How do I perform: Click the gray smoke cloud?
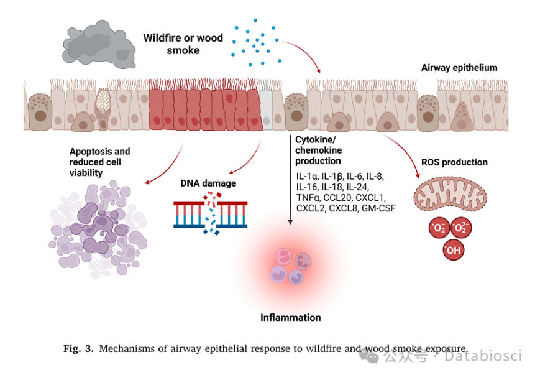click(99, 45)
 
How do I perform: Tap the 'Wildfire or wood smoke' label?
click(183, 44)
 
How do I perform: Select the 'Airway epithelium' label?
click(459, 68)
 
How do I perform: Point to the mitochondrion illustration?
click(450, 193)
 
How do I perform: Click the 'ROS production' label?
click(454, 162)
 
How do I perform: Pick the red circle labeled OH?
click(454, 250)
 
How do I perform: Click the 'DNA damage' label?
click(208, 183)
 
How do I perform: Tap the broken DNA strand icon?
click(211, 213)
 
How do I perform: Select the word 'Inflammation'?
click(290, 318)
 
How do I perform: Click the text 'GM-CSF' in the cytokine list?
click(379, 208)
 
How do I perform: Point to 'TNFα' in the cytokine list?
click(308, 197)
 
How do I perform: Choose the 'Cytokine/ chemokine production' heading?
click(319, 150)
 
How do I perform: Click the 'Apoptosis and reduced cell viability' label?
click(99, 162)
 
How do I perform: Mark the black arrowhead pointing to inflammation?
click(290, 222)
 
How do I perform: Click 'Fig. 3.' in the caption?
click(78, 349)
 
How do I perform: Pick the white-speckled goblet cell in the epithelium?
click(103, 109)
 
